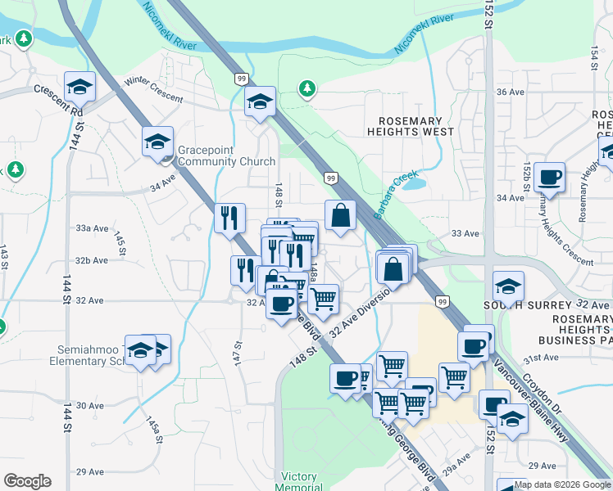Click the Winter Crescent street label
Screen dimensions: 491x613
[x=154, y=89]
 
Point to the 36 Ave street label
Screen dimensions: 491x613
[x=510, y=92]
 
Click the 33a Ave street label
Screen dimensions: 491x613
[x=92, y=228]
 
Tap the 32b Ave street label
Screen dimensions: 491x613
[x=92, y=260]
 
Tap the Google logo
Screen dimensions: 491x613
[x=27, y=481]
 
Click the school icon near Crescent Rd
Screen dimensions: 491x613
[x=80, y=86]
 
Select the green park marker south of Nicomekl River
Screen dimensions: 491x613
[x=307, y=88]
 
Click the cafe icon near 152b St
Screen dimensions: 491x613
[x=549, y=176]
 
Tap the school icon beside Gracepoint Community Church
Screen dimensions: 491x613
[x=157, y=141]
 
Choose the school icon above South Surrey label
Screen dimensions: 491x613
[x=509, y=286]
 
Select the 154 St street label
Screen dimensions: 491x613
[x=595, y=57]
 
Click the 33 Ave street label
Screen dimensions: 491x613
[x=465, y=233]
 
